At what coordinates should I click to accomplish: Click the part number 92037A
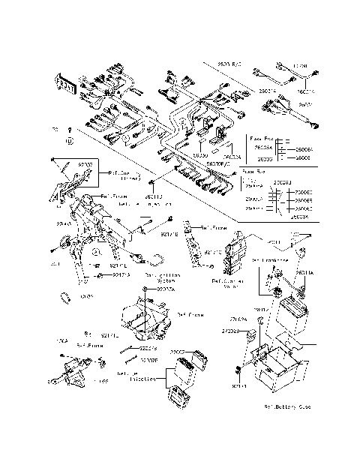[166, 289]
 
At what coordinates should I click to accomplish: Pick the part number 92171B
[169, 234]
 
